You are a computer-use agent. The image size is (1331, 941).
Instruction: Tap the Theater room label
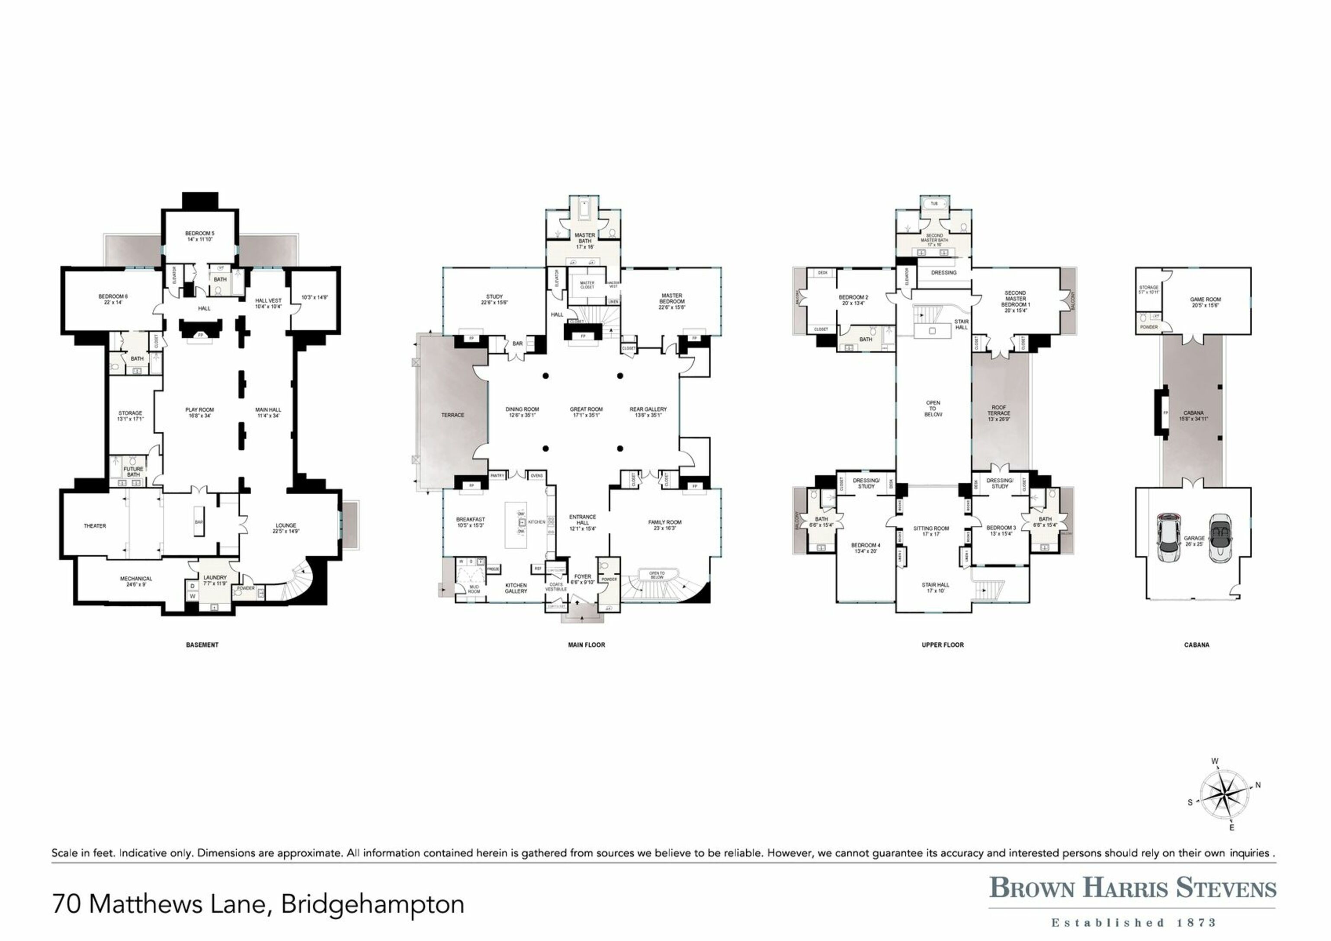coord(95,525)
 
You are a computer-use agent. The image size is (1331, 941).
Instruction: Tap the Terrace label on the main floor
coord(453,415)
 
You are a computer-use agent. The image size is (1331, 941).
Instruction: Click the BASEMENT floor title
coord(202,644)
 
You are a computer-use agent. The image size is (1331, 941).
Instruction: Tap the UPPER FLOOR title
coord(943,644)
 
